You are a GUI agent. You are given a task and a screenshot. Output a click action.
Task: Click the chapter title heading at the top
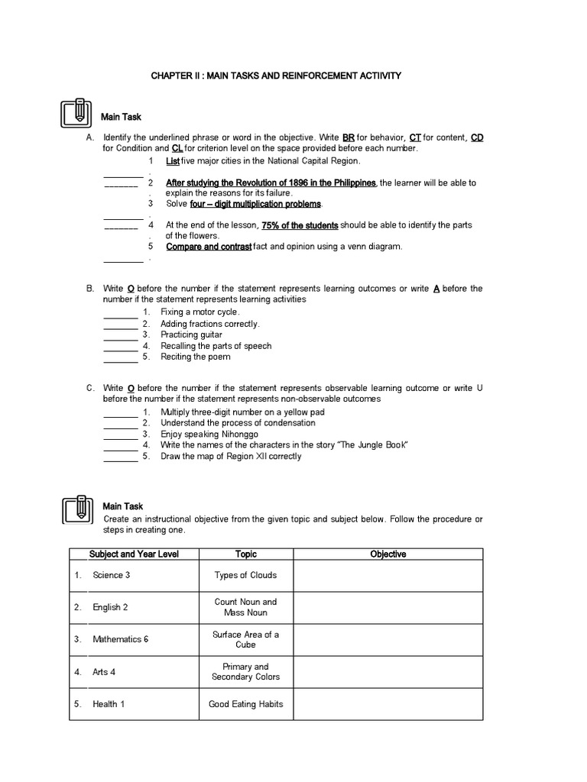(x=275, y=76)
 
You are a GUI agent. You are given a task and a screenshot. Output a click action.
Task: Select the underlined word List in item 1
(x=172, y=161)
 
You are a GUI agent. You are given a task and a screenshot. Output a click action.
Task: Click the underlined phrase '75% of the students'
(x=300, y=225)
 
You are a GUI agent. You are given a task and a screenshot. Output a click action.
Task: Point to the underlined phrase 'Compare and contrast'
(x=209, y=247)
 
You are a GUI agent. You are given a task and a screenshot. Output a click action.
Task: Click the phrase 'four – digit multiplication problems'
(x=256, y=204)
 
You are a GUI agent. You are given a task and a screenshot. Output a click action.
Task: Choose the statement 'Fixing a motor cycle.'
(x=200, y=312)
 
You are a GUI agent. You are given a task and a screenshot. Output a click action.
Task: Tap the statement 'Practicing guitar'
(x=191, y=334)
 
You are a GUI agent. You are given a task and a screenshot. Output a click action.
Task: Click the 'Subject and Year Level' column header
(x=134, y=554)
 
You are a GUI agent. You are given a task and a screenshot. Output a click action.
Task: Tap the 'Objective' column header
(x=388, y=554)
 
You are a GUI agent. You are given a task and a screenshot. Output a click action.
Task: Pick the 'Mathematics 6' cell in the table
(x=120, y=639)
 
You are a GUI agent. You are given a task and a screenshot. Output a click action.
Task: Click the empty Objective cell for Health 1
(x=388, y=704)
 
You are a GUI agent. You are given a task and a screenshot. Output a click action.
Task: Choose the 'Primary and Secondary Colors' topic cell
(x=245, y=672)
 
